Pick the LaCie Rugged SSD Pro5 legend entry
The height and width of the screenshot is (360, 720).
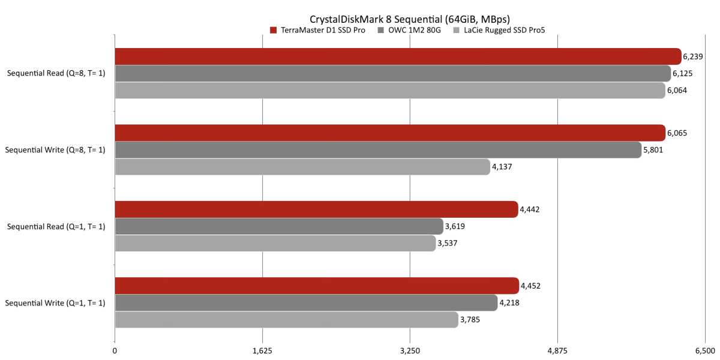(x=501, y=30)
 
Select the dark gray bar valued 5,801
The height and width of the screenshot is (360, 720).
(x=378, y=150)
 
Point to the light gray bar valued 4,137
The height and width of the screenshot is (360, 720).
(x=302, y=167)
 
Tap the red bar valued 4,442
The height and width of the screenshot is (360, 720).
(x=316, y=209)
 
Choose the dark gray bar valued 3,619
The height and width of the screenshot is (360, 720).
(x=279, y=226)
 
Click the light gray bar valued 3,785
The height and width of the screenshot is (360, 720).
(x=286, y=320)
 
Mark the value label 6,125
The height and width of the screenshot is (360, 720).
(x=683, y=74)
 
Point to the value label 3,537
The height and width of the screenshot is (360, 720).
(x=448, y=244)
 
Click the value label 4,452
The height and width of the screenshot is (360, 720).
(x=531, y=286)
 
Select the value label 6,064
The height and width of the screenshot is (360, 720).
(x=677, y=91)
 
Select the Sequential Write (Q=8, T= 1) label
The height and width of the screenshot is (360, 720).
(x=55, y=150)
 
